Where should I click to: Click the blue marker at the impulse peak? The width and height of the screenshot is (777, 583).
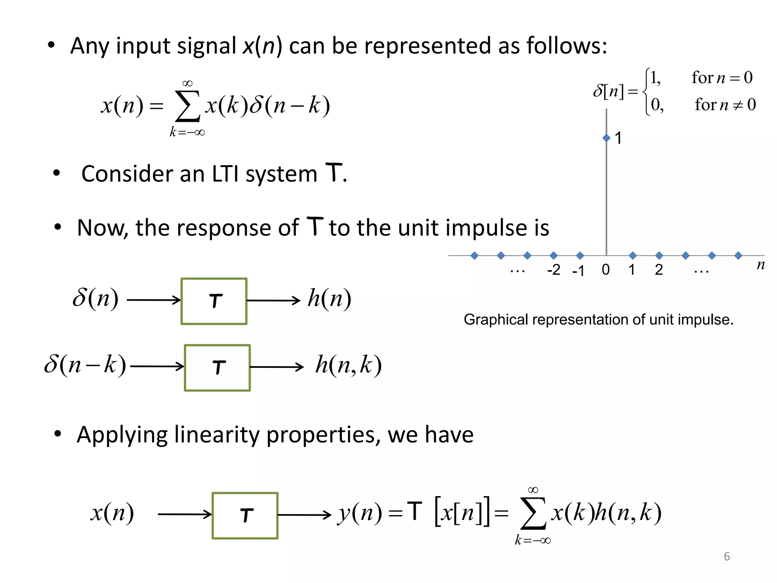[x=606, y=138]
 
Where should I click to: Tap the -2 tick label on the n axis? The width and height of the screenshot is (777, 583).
[x=554, y=270]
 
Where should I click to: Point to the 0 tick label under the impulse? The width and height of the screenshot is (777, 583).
[x=606, y=270]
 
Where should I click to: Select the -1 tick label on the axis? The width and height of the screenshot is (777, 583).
[x=578, y=271]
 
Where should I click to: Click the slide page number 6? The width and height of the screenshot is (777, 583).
[x=727, y=556]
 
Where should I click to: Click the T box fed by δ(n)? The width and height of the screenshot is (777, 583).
[x=214, y=301]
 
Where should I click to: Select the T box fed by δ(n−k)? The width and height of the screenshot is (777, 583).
[x=217, y=368]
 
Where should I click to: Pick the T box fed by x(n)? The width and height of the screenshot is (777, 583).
[x=245, y=515]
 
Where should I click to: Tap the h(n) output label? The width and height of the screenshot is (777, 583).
[x=329, y=299]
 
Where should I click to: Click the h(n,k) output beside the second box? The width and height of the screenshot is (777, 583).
[x=348, y=365]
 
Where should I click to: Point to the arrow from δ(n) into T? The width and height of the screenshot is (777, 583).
[x=154, y=300]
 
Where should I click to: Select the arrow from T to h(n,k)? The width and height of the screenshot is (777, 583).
[x=277, y=367]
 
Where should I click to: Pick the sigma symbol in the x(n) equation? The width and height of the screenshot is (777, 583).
[x=187, y=106]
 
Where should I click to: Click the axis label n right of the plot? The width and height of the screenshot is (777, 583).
[x=760, y=265]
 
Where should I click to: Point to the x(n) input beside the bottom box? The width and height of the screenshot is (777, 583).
[x=112, y=513]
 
